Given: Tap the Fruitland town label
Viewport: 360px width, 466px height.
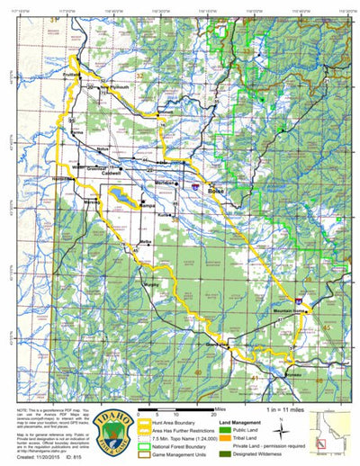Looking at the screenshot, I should (x=73, y=76).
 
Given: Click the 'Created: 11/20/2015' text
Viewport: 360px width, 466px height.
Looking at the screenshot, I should (x=36, y=456).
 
